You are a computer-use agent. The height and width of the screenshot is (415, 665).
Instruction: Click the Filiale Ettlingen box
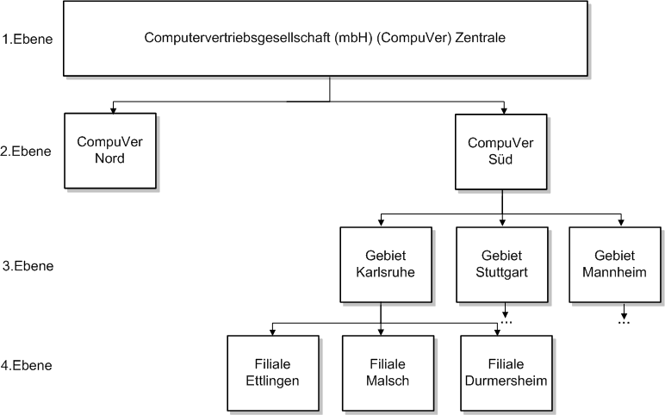[x=271, y=372]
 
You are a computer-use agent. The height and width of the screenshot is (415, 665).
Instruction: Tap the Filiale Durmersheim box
[x=504, y=372]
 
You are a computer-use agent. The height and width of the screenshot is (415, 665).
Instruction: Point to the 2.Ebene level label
[x=26, y=151]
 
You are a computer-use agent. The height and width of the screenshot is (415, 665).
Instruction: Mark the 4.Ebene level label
[x=26, y=366]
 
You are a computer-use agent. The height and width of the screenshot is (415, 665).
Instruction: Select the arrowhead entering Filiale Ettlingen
[x=271, y=331]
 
